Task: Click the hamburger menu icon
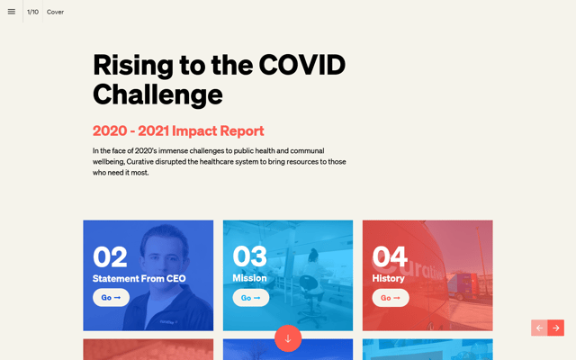(12, 12)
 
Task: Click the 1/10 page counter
(32, 12)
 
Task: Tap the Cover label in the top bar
(55, 12)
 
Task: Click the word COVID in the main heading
(301, 65)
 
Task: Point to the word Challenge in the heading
(157, 94)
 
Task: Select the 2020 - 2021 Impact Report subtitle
(178, 130)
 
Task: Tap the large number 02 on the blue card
(110, 257)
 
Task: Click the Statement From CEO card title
(139, 278)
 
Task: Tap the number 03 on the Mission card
(249, 257)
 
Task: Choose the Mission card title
(249, 278)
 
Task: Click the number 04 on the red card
(390, 257)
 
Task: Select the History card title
(388, 278)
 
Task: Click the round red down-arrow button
(288, 338)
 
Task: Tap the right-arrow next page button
(556, 328)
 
